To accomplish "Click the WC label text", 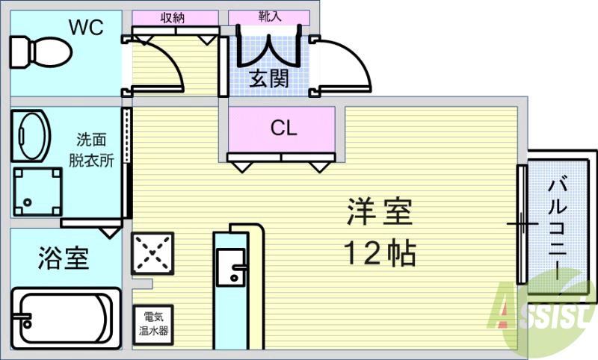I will (86, 28).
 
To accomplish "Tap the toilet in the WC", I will (40, 52).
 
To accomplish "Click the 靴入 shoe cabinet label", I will (268, 16).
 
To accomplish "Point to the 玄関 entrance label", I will (268, 78).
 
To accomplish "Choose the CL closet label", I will (283, 128).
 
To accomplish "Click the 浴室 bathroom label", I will (64, 258).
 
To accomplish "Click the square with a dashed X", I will (152, 254).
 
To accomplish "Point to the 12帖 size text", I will (380, 254).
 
